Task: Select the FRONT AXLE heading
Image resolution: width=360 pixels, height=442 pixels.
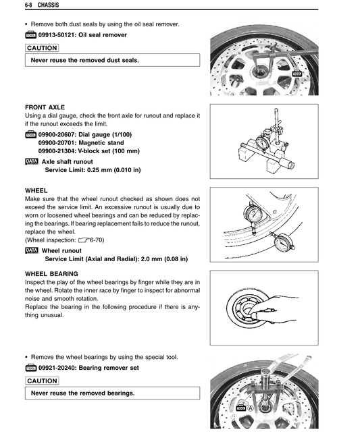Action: click(45, 107)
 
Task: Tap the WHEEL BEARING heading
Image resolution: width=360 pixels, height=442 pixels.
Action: click(51, 273)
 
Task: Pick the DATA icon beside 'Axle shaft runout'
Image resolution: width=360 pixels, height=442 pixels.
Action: click(31, 161)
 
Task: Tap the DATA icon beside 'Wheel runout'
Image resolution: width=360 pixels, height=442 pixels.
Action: click(31, 250)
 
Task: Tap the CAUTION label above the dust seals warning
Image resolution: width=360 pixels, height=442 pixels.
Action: click(42, 48)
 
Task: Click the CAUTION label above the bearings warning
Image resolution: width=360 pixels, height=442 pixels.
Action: click(42, 381)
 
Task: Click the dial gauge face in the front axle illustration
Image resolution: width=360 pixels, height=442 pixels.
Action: click(262, 143)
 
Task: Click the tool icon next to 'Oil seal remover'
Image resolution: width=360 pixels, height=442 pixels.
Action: click(31, 34)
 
